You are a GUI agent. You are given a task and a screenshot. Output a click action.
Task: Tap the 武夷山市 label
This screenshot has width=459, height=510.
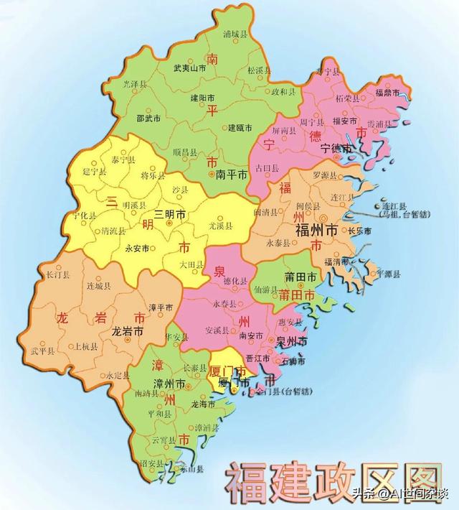pyautogui.click(x=189, y=68)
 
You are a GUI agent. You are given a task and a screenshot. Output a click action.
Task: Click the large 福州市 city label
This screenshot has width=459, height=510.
pyautogui.click(x=318, y=231)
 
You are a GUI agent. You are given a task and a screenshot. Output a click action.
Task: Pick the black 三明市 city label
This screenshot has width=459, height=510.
pyautogui.click(x=171, y=214)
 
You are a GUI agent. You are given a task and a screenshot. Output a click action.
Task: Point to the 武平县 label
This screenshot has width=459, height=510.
pyautogui.click(x=43, y=351)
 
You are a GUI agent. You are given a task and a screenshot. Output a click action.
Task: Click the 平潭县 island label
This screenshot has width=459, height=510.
pyautogui.click(x=388, y=274)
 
